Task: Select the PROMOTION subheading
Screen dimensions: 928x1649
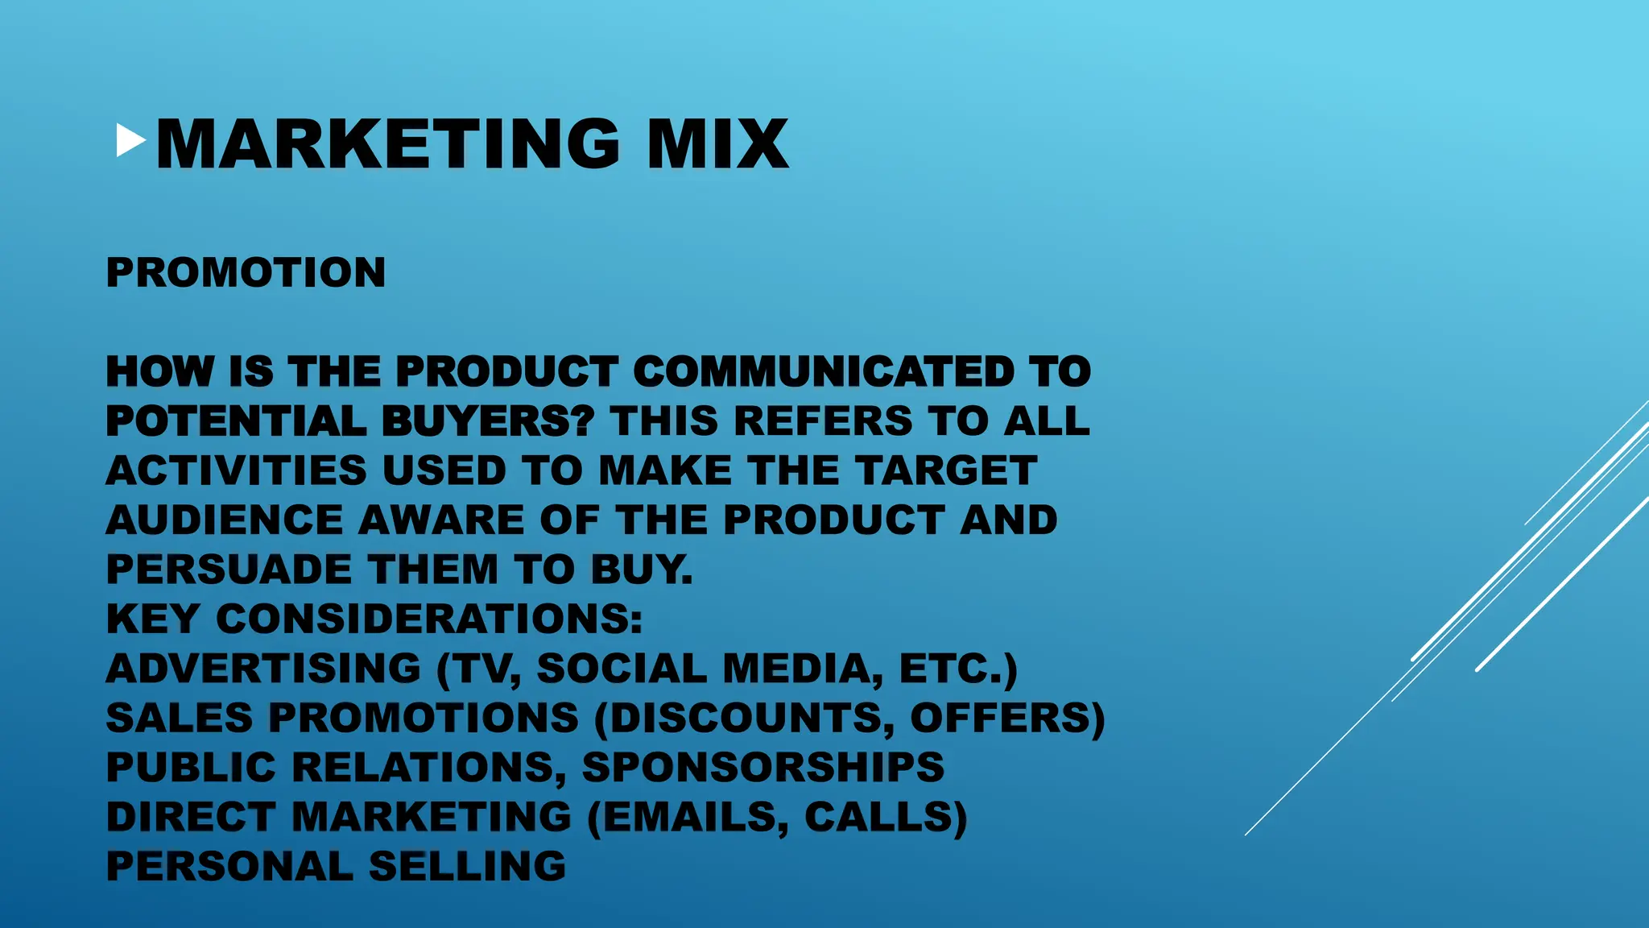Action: [x=246, y=272]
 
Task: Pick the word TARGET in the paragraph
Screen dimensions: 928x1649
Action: [x=945, y=470]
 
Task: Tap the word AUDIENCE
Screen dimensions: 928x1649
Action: [x=225, y=520]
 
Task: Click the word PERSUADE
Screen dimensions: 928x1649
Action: [x=229, y=570]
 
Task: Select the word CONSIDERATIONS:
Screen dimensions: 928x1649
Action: [x=429, y=619]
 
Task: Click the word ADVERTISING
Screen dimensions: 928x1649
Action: [x=263, y=669]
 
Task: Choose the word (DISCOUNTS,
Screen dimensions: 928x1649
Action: [x=745, y=718]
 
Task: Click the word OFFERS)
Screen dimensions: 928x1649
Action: [x=1007, y=718]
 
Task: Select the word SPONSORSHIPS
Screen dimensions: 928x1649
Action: [x=763, y=767]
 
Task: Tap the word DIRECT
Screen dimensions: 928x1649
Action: [x=191, y=817]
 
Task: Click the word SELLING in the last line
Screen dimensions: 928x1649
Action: [x=467, y=866]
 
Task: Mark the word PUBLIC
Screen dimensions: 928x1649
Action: [x=191, y=767]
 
